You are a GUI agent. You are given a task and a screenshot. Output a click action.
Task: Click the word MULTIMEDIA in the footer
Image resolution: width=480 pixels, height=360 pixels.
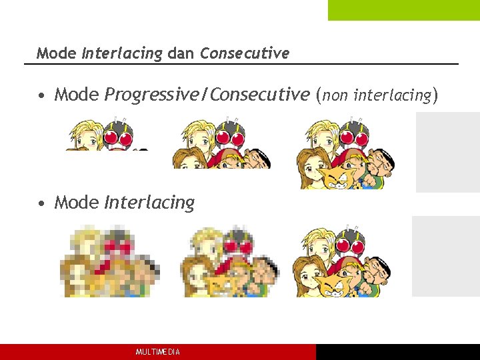pos(157,352)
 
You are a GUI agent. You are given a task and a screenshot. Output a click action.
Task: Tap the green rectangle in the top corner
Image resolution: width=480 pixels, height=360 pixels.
pos(403,10)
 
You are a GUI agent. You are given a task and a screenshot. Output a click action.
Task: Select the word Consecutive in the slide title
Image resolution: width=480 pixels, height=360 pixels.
pos(245,53)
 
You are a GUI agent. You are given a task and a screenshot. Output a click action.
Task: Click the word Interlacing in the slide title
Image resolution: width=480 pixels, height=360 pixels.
pos(122,53)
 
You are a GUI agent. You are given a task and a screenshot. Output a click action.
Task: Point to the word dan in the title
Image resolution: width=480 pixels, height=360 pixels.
pos(181,53)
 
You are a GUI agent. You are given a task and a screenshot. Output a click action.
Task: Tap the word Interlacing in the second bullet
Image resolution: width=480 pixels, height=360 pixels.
pos(149,202)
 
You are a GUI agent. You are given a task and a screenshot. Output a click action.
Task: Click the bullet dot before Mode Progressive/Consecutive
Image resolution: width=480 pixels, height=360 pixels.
pos(42,96)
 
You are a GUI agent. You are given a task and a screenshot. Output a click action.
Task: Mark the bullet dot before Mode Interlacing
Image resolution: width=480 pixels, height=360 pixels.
pos(42,203)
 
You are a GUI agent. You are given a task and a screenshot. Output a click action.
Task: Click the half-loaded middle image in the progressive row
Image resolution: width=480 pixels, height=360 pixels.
pos(221,144)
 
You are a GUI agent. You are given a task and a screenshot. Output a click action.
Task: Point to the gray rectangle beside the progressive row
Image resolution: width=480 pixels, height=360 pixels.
pos(447,152)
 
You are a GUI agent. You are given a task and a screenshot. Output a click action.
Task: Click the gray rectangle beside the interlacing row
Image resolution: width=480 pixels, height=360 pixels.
pos(445,256)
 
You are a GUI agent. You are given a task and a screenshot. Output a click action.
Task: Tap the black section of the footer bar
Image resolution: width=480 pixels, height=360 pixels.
pos(397,352)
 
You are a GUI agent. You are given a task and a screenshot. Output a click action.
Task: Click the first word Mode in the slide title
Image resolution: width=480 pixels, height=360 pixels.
pos(57,53)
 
